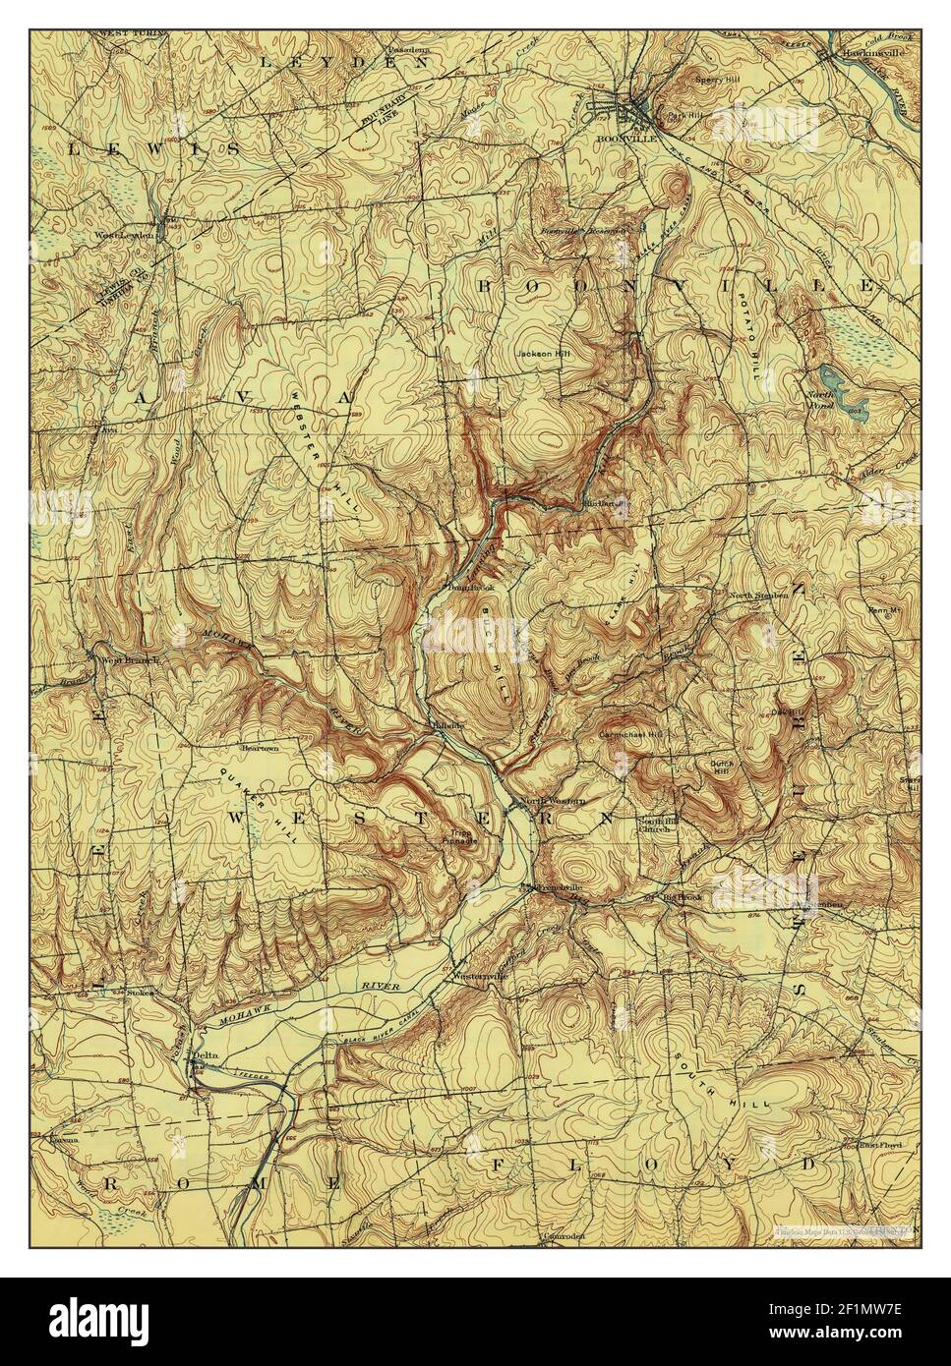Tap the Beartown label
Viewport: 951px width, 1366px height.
[x=256, y=748]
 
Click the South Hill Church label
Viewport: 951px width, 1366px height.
[x=654, y=824]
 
